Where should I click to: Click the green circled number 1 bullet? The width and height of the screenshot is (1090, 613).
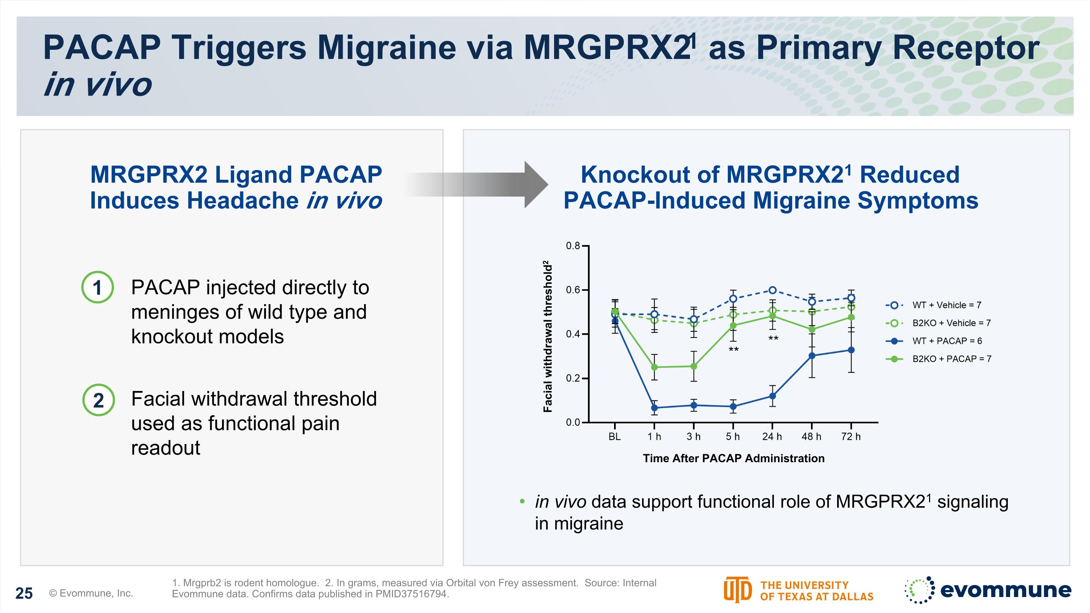97,287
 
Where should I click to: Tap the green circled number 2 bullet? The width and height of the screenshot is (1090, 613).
98,400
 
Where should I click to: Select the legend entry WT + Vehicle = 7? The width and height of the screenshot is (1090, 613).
946,305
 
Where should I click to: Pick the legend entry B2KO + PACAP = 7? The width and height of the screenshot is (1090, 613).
951,359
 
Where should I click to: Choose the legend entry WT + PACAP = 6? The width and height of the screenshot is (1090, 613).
946,341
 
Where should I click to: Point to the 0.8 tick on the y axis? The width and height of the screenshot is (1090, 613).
573,246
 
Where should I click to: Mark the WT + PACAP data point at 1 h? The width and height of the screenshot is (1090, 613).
654,408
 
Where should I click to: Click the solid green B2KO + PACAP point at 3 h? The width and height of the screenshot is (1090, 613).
694,366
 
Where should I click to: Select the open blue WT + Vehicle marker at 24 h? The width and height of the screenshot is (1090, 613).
772,290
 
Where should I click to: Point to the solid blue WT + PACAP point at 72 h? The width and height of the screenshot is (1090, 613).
851,350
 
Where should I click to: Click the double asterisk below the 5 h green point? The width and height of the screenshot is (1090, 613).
733,350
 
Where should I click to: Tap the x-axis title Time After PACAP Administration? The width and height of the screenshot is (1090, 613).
733,458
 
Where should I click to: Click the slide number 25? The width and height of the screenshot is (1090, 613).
24,593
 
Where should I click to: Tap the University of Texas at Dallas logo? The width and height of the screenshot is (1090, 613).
798,590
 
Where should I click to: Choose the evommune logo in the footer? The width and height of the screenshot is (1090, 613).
988,590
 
